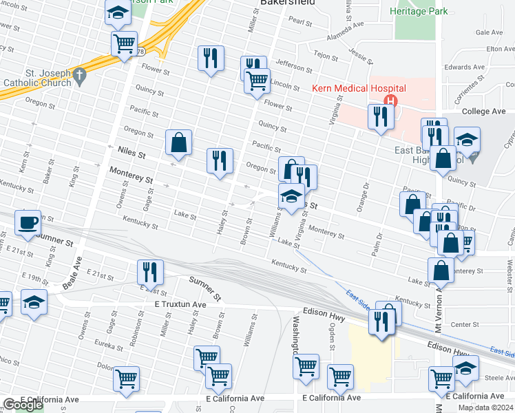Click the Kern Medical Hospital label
pyautogui.click(x=359, y=88)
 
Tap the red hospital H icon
pyautogui.click(x=391, y=100)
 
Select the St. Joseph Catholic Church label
pyautogui.click(x=37, y=78)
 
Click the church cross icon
pyautogui.click(x=80, y=74)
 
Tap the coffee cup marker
pyautogui.click(x=28, y=223)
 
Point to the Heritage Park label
pyautogui.click(x=418, y=12)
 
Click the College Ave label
pyautogui.click(x=484, y=112)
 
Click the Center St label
pyautogui.click(x=465, y=324)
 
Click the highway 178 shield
pyautogui.click(x=140, y=52)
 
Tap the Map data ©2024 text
pyautogui.click(x=485, y=407)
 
